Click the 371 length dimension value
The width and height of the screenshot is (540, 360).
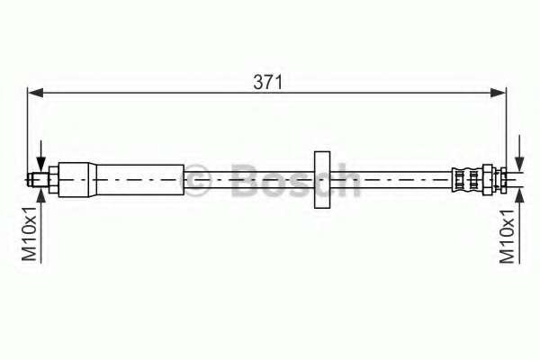(267, 82)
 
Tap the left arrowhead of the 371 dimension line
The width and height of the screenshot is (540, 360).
(35, 93)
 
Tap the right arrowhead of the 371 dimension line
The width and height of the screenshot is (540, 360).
(499, 93)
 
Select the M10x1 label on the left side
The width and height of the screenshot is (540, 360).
(30, 234)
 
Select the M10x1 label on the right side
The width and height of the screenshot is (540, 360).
(508, 237)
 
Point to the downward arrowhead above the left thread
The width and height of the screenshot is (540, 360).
(41, 164)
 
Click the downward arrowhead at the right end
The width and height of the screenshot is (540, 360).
(519, 163)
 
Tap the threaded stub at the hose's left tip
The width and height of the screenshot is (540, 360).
(38, 180)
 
